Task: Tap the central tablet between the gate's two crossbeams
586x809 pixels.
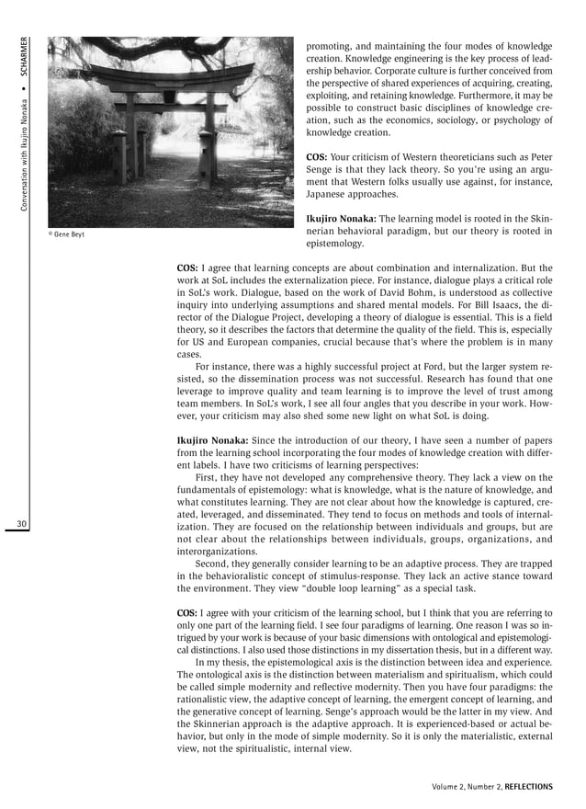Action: (x=169, y=95)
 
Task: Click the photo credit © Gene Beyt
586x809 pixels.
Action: (x=66, y=234)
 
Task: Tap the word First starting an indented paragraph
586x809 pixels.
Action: (x=208, y=477)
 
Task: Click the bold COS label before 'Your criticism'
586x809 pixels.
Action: (x=318, y=157)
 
